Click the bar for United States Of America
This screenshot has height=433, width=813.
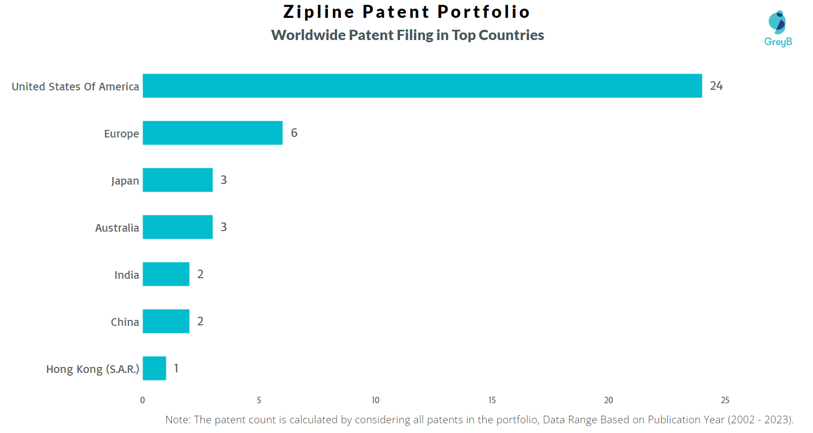click(x=422, y=86)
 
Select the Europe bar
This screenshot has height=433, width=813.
click(x=212, y=133)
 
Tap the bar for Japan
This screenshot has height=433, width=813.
click(x=178, y=180)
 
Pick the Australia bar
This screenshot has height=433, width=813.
click(x=178, y=227)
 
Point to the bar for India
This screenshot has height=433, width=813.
click(x=166, y=274)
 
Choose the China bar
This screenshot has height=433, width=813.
click(x=166, y=322)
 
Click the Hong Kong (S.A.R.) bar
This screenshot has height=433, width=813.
click(x=154, y=369)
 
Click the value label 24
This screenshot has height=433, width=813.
click(x=716, y=86)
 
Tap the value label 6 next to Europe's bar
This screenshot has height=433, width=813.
click(x=294, y=133)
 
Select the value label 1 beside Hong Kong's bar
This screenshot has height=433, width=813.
click(x=176, y=369)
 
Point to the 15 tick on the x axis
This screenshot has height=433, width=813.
click(x=492, y=401)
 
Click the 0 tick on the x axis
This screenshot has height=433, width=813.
click(x=143, y=401)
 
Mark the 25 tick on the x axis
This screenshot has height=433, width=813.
click(x=725, y=401)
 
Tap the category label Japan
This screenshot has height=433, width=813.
click(x=125, y=181)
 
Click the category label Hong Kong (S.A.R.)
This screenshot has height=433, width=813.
click(x=93, y=369)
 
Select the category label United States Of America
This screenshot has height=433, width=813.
click(x=75, y=87)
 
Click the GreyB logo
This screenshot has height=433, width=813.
click(x=778, y=28)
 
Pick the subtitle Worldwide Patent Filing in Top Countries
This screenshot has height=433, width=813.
click(x=408, y=35)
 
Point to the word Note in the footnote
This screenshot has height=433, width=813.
click(x=176, y=419)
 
